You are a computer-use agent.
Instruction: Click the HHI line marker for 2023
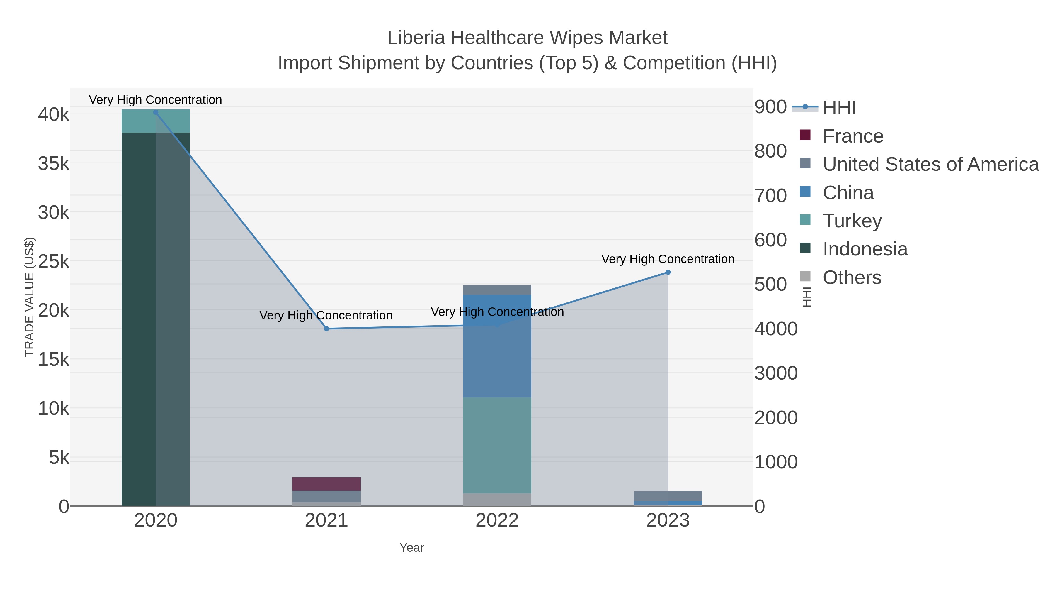click(x=668, y=272)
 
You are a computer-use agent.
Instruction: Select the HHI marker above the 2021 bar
click(x=326, y=329)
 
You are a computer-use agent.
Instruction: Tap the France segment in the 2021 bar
click(x=326, y=484)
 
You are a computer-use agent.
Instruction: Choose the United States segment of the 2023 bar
click(x=668, y=496)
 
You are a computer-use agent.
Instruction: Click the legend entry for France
click(x=853, y=136)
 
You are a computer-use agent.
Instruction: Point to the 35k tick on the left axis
click(x=54, y=164)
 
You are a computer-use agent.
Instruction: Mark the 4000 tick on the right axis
click(x=776, y=329)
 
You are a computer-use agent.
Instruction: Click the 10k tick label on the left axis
click(x=54, y=408)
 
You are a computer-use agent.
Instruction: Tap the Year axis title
click(x=412, y=548)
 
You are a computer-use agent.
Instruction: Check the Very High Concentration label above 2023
click(x=668, y=259)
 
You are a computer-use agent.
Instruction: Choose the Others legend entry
click(x=852, y=277)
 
